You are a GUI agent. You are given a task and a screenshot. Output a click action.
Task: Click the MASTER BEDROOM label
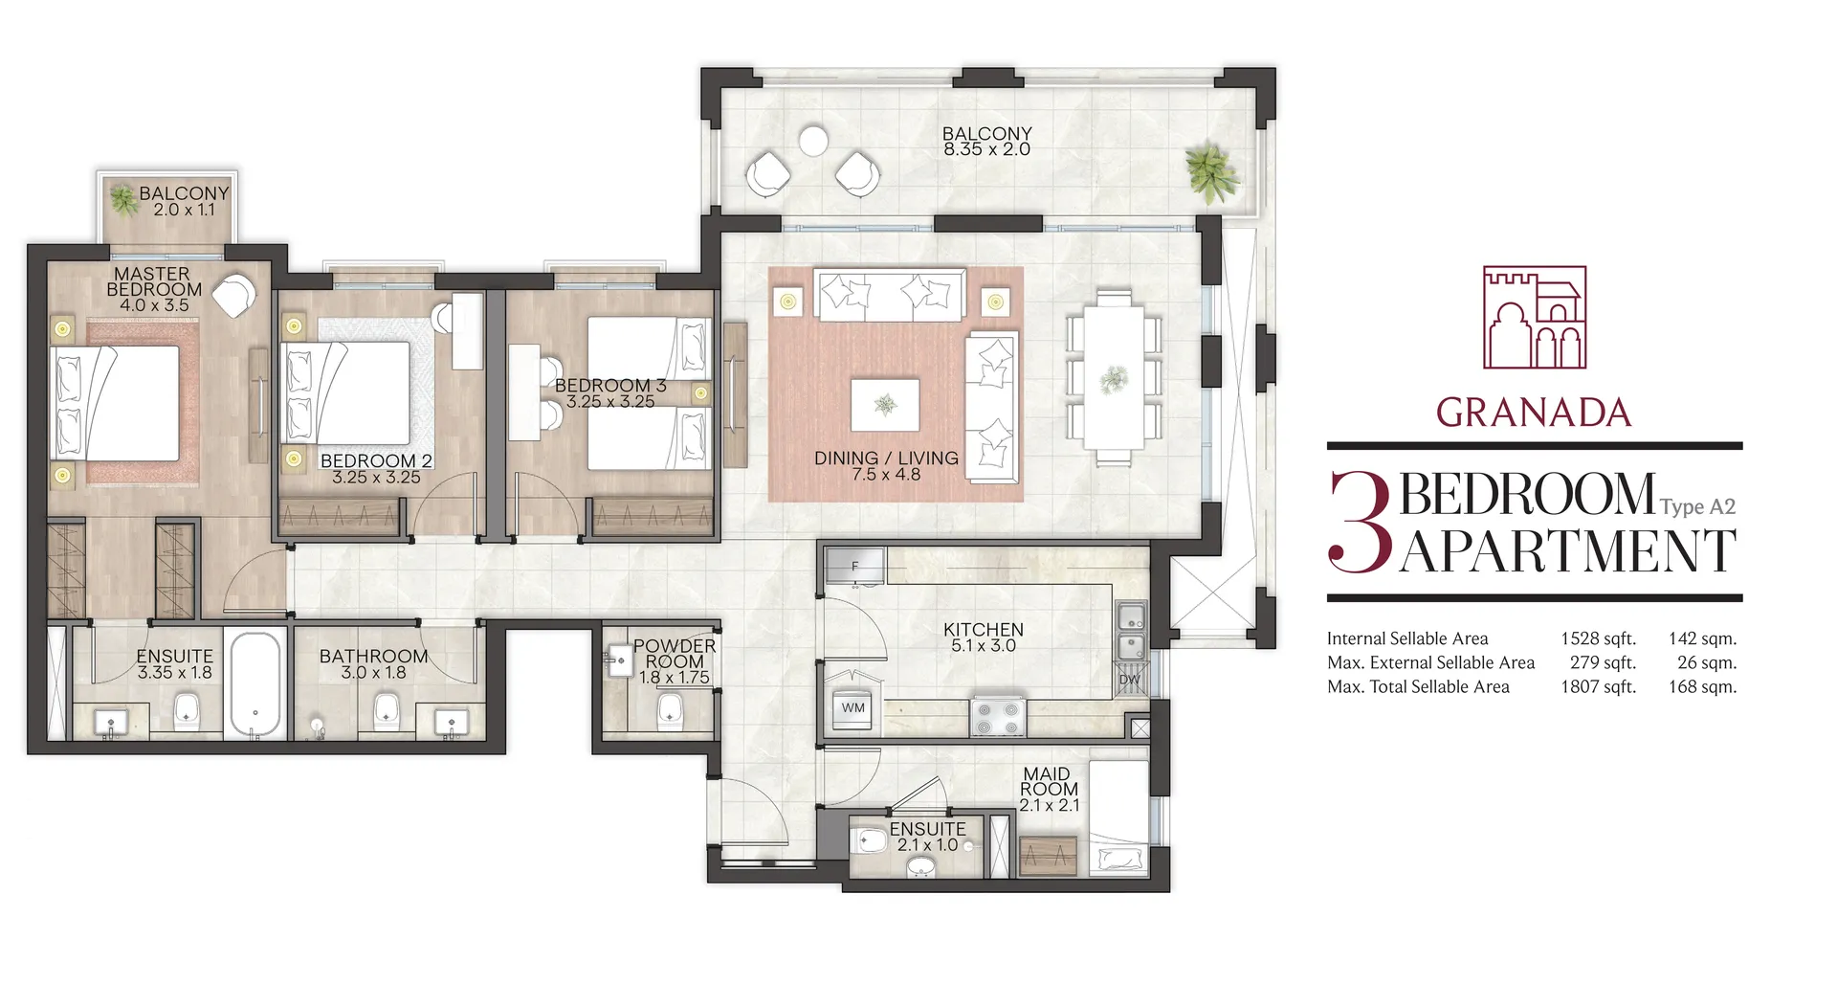pyautogui.click(x=154, y=281)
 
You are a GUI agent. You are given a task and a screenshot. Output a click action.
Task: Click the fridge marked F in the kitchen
pyautogui.click(x=854, y=567)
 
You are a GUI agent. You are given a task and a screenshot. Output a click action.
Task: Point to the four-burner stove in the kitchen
pyautogui.click(x=998, y=717)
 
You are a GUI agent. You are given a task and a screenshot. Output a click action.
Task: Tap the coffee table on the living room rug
pyautogui.click(x=885, y=405)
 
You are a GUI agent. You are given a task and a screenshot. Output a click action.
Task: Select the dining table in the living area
pyautogui.click(x=1114, y=376)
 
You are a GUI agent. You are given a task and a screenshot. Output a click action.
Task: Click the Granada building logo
pyautogui.click(x=1535, y=318)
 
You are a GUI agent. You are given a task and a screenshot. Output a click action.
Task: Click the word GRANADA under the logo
pyautogui.click(x=1534, y=413)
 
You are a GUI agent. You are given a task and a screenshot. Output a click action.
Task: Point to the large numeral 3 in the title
pyautogui.click(x=1360, y=523)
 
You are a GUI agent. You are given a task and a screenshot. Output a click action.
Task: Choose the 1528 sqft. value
pyautogui.click(x=1598, y=638)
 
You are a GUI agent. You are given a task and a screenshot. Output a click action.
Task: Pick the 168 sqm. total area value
pyautogui.click(x=1702, y=686)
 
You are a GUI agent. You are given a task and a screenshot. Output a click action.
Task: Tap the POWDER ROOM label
pyautogui.click(x=675, y=654)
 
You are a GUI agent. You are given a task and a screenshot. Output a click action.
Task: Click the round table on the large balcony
pyautogui.click(x=813, y=141)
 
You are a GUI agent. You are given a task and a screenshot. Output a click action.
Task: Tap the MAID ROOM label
pyautogui.click(x=1049, y=781)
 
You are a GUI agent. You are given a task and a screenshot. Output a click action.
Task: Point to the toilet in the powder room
pyautogui.click(x=671, y=709)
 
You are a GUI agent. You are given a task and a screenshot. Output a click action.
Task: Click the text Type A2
pyautogui.click(x=1697, y=507)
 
